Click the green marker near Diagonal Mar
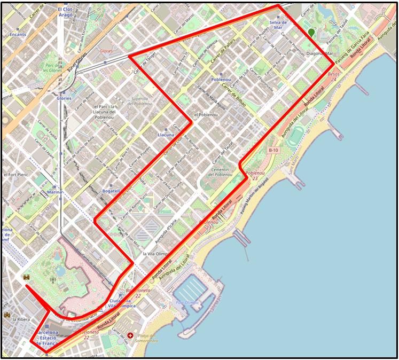pyautogui.click(x=311, y=33)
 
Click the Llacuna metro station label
pyautogui.click(x=166, y=135)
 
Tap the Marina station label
pyautogui.click(x=55, y=191)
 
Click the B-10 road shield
pyautogui.click(x=273, y=151)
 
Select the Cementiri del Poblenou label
pyautogui.click(x=220, y=171)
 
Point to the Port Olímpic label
pyautogui.click(x=187, y=302)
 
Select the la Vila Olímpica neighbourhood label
pyautogui.click(x=156, y=254)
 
